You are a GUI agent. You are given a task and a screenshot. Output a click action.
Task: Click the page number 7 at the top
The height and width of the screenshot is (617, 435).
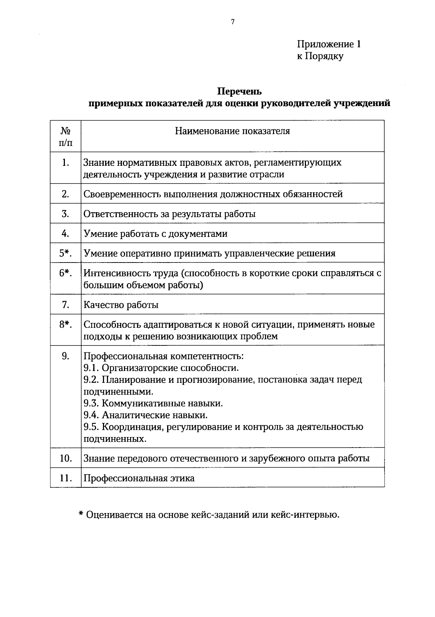233,22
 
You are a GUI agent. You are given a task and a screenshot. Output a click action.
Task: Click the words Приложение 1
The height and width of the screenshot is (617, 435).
329,45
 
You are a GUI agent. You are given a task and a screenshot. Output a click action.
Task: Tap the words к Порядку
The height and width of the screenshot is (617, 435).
320,56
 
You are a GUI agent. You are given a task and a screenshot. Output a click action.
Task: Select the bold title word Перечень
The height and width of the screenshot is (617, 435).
239,91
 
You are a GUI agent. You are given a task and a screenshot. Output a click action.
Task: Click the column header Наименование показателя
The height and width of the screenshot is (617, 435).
232,131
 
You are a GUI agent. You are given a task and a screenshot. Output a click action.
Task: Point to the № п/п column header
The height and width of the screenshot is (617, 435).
66,136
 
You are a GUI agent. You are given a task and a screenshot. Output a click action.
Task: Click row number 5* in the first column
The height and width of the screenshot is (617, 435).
66,253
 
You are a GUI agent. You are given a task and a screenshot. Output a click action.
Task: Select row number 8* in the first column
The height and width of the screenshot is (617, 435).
66,324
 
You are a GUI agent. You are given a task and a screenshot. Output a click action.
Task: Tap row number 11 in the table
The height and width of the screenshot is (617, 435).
66,478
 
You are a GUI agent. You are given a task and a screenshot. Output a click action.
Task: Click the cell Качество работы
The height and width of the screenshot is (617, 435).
121,305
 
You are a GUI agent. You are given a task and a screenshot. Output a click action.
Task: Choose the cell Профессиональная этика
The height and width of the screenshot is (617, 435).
139,478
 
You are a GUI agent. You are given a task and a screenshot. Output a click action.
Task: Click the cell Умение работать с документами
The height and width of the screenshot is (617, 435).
156,234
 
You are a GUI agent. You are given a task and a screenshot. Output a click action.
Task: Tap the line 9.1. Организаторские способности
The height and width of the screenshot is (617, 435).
161,368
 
